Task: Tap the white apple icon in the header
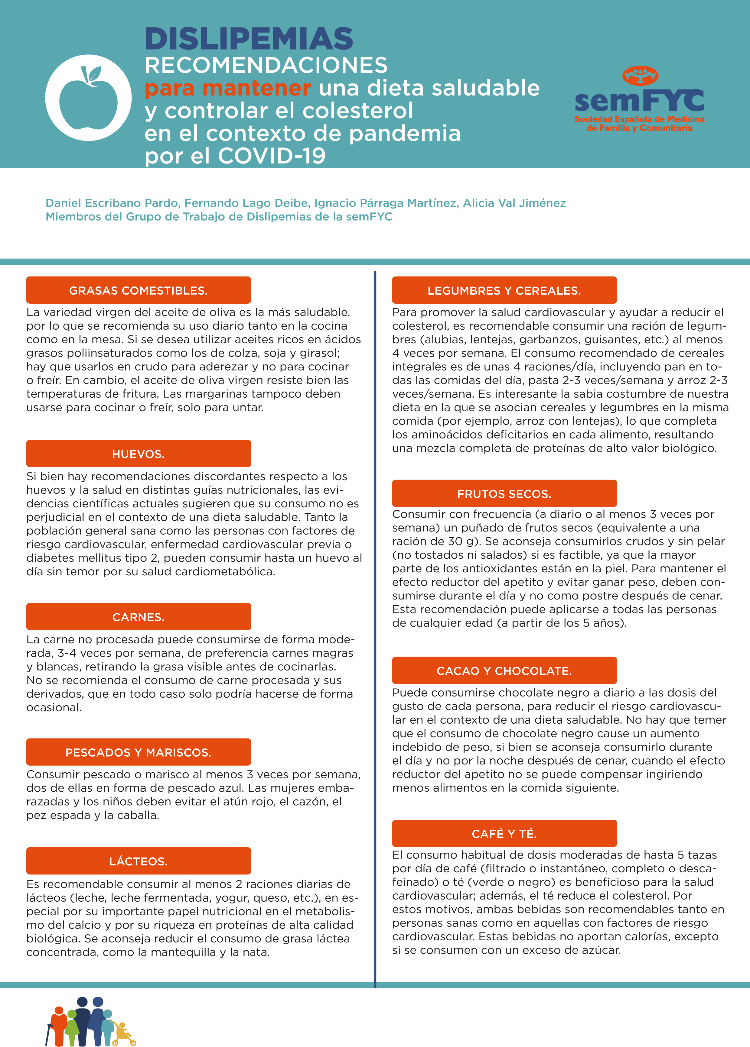tap(88, 98)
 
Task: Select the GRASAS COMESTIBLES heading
tap(139, 290)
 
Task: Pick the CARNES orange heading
tap(139, 617)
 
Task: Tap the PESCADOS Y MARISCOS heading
tap(139, 752)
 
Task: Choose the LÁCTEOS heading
tap(139, 861)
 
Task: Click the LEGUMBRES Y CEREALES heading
tap(504, 290)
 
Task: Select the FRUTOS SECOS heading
tap(504, 494)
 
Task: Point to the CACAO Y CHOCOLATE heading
tap(504, 671)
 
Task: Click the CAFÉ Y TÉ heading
tap(504, 833)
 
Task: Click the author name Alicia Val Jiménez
tap(514, 203)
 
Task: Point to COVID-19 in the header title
tap(272, 156)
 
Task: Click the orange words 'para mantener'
tap(228, 88)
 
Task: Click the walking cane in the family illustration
tap(48, 1034)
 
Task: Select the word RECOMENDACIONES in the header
tap(266, 65)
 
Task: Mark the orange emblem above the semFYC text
tap(640, 75)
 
